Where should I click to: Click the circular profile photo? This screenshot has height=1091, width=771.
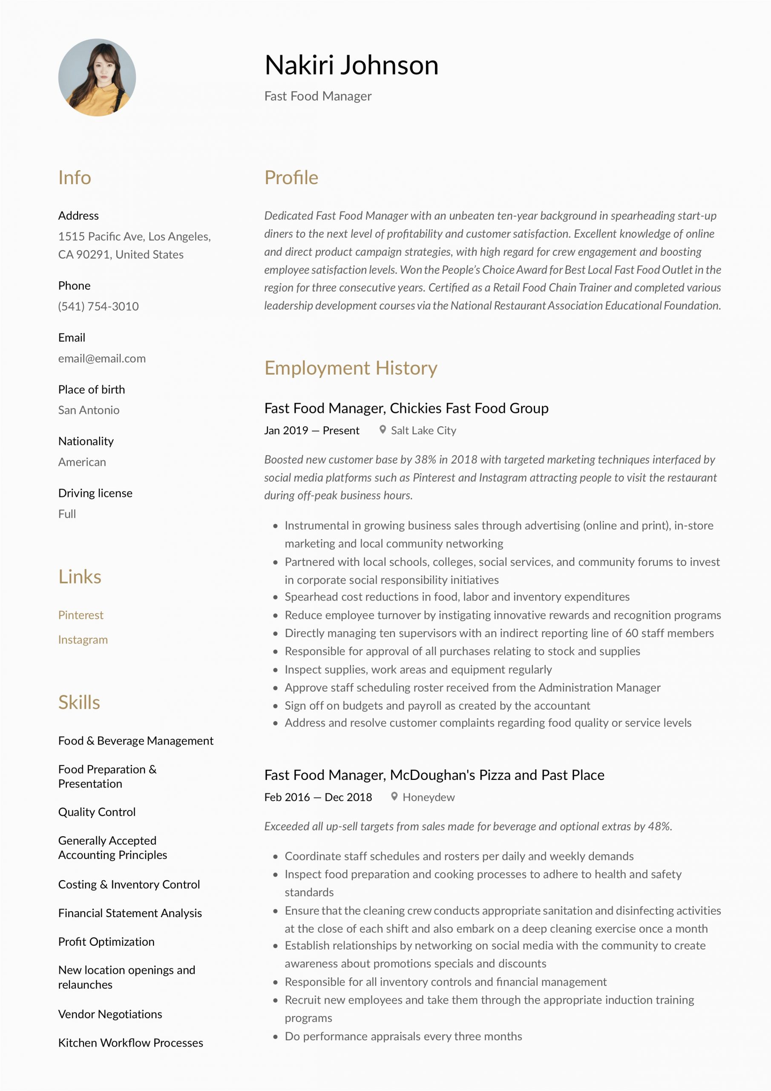click(97, 78)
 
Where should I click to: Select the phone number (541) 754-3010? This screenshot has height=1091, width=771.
click(98, 306)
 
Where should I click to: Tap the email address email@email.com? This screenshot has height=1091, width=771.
click(102, 358)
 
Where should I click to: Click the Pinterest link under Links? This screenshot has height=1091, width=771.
click(81, 615)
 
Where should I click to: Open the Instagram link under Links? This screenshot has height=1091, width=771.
click(83, 640)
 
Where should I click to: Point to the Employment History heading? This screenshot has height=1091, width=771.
click(351, 368)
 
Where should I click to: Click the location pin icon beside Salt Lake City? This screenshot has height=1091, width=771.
click(383, 430)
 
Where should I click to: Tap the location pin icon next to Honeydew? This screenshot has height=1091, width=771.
click(394, 797)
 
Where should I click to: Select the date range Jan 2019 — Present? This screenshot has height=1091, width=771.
click(312, 430)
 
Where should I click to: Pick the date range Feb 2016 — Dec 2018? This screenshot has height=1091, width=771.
click(318, 797)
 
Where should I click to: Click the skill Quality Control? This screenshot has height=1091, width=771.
click(97, 812)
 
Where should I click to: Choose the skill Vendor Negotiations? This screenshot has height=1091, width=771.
click(110, 1014)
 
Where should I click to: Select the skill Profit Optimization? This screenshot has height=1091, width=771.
click(106, 942)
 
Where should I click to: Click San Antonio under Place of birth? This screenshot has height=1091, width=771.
click(89, 410)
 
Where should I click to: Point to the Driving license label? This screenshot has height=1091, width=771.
click(95, 493)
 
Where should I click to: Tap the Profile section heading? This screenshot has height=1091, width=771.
click(291, 178)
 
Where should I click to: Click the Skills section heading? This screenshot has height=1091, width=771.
click(79, 702)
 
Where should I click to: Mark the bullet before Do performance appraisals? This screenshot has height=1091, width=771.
click(275, 1037)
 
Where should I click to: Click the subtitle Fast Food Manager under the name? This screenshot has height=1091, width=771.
click(318, 96)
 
